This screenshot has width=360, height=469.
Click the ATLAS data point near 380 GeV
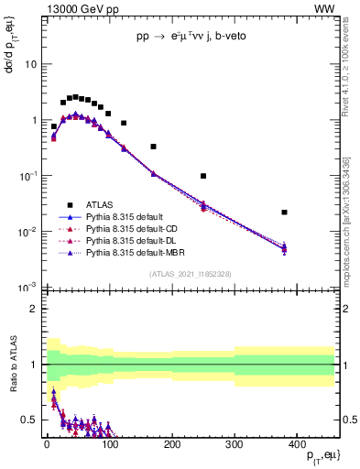tap(285, 213)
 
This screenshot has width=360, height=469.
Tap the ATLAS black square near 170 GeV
tap(153, 147)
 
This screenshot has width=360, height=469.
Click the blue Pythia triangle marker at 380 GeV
tap(285, 248)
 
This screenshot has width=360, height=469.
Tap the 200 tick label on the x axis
tap(171, 445)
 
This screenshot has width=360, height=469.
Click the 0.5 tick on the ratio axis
tap(29, 420)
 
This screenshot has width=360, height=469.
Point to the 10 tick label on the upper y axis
tap(29, 65)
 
